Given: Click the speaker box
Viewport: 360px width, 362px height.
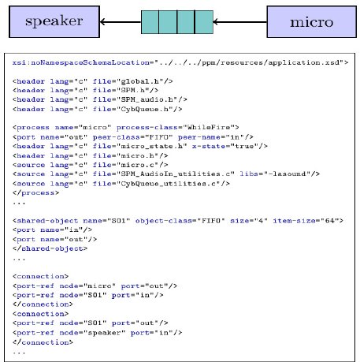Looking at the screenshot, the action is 54,22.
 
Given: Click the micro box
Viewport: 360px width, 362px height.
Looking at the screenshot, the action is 312,22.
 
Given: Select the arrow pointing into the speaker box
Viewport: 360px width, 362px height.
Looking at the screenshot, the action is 121,22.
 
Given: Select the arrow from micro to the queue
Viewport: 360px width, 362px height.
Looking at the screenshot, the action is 239,22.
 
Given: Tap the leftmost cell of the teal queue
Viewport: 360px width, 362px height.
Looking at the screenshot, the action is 150,22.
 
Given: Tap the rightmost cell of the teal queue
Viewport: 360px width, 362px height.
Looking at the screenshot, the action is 204,22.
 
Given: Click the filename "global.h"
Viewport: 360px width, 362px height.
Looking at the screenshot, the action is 140,81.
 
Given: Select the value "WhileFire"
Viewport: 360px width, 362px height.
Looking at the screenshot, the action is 209,128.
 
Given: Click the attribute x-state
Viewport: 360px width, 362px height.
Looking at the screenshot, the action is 209,146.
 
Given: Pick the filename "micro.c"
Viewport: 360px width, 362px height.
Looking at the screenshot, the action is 138,165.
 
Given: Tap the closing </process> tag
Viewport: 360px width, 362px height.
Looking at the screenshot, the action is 35,192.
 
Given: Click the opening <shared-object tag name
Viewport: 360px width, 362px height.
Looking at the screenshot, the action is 45,221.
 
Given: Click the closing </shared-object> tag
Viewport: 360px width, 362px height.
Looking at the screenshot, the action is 50,248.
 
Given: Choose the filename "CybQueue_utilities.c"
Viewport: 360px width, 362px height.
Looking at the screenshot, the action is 168,184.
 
